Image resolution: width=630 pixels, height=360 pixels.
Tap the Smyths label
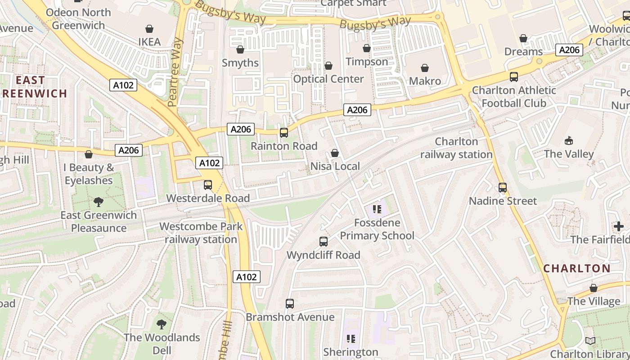pos(240,63)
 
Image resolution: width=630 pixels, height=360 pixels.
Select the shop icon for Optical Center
pos(328,66)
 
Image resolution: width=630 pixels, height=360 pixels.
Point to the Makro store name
pos(425,81)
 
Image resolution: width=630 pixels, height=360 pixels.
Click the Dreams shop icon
pos(523,39)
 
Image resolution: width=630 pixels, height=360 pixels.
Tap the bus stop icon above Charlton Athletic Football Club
pos(513,77)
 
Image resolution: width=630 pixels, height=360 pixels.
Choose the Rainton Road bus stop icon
pos(284,133)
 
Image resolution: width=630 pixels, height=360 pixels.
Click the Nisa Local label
pos(335,166)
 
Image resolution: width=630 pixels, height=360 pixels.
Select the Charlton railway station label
pos(456,148)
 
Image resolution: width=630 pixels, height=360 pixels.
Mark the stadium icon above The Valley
pos(569,141)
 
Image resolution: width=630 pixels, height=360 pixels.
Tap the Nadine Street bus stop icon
pos(503,188)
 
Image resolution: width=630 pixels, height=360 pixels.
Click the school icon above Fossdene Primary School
pos(377,209)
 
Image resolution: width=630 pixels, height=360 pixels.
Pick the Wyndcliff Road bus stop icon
pos(324,242)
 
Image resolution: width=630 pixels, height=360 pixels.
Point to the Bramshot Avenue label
pos(290,317)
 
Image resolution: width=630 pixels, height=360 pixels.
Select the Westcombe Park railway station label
pos(201,233)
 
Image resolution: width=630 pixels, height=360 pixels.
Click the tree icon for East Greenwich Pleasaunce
pos(99,202)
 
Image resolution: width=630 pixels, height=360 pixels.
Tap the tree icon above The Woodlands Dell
pos(162,324)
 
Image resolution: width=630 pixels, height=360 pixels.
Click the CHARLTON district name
pos(577,269)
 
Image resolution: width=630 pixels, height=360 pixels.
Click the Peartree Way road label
pos(175,72)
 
